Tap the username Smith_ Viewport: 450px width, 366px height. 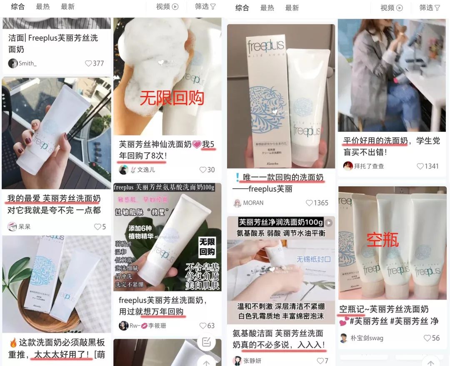point(27,63)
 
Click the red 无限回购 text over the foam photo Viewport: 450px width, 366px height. point(172,98)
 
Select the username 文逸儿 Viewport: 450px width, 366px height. point(146,170)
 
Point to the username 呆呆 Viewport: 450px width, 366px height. point(25,227)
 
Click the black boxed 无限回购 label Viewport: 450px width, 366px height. point(207,247)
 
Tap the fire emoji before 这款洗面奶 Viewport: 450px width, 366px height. point(13,343)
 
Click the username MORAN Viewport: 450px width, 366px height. point(253,203)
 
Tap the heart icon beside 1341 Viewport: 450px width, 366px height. point(420,166)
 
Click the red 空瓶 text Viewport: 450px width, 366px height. point(382,240)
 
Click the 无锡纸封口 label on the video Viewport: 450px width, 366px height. point(313,259)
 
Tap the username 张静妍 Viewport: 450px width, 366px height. point(253,361)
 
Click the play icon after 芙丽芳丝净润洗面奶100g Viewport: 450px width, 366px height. point(329,222)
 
